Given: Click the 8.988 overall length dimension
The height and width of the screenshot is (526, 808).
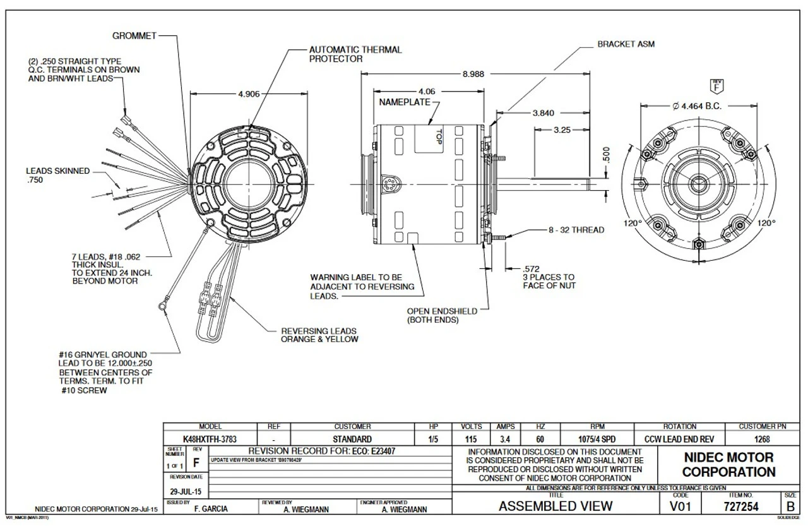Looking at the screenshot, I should click(x=473, y=74).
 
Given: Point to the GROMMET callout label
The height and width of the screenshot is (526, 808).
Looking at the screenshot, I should click(x=134, y=36).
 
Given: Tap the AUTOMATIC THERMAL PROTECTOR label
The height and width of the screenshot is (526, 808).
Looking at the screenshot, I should click(x=355, y=54).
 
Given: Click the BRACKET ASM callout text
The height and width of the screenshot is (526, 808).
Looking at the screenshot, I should click(x=626, y=45).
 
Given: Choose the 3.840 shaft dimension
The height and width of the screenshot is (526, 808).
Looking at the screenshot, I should click(x=543, y=114).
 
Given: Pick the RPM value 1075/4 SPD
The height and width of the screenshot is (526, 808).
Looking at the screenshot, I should click(x=597, y=439).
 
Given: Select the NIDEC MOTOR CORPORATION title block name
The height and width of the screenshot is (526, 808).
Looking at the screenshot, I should click(x=728, y=465).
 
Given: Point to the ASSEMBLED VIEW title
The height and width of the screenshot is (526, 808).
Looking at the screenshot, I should click(x=555, y=506).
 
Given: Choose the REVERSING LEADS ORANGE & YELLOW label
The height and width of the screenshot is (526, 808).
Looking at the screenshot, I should click(x=319, y=335).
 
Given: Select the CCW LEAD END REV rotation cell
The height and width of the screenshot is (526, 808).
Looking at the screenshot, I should click(x=679, y=439).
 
